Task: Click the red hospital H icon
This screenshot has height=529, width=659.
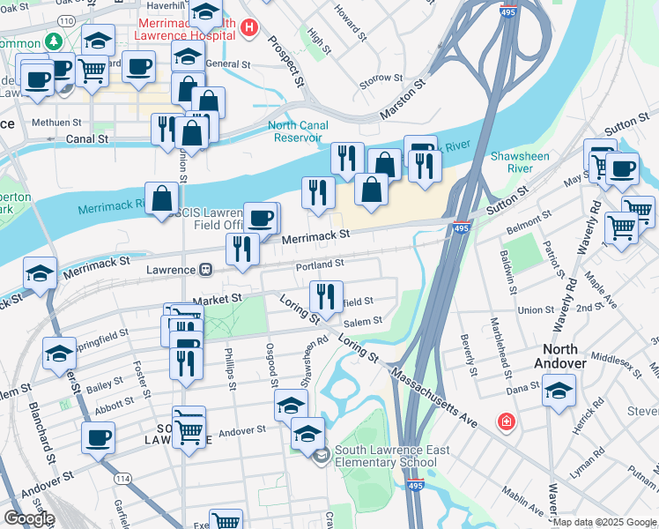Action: [x=249, y=28]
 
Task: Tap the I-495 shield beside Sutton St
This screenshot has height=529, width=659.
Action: [x=462, y=227]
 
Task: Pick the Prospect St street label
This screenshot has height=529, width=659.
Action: [x=286, y=61]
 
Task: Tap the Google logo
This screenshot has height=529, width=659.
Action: [x=29, y=518]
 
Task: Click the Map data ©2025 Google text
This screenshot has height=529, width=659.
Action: [x=604, y=522]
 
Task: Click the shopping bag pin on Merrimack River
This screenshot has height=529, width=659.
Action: [x=162, y=198]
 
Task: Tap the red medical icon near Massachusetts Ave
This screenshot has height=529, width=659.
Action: [x=506, y=422]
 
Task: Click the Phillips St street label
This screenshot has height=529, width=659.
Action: [x=231, y=363]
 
